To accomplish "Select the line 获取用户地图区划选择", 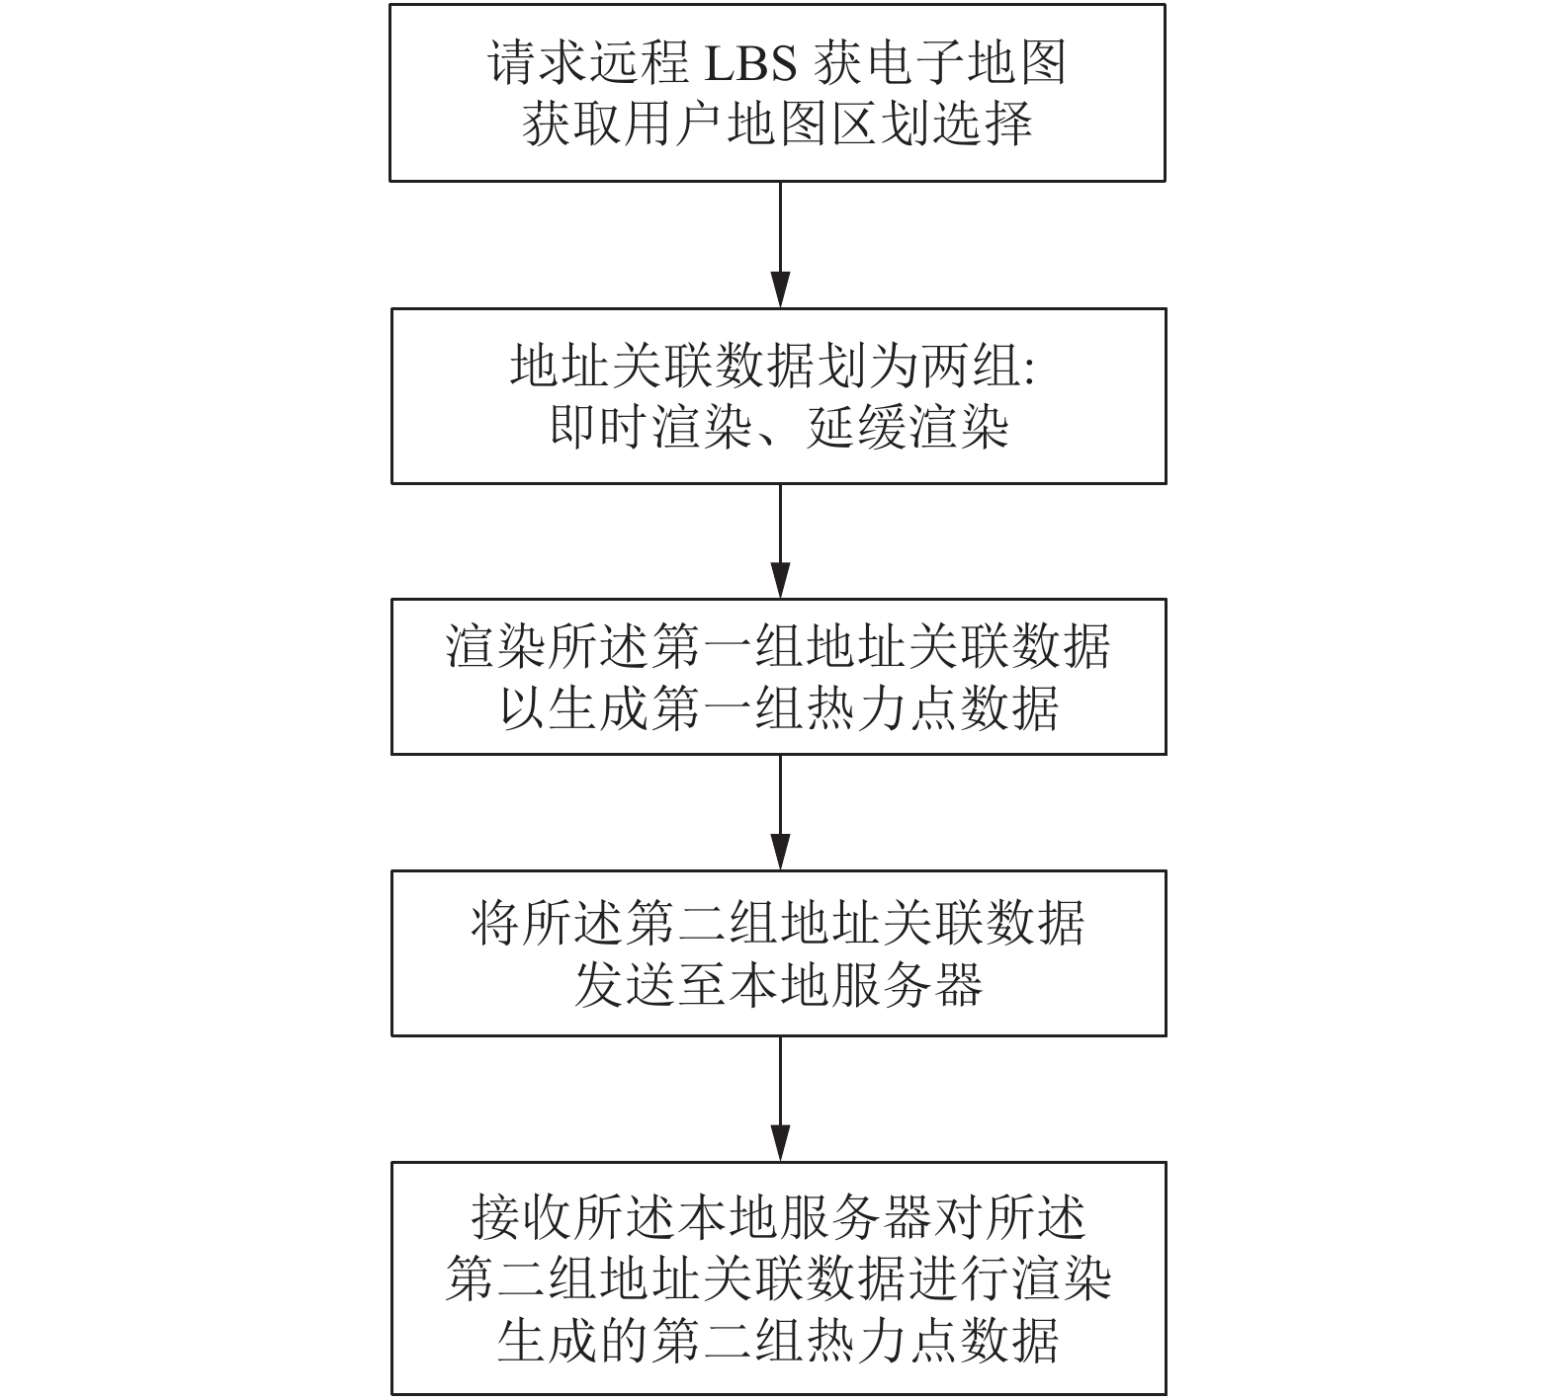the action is tap(778, 124).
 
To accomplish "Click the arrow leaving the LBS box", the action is tap(780, 244).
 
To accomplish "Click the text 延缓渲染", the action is tap(908, 428).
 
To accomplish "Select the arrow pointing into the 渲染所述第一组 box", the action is tap(780, 540).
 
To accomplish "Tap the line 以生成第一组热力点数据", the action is tap(779, 707).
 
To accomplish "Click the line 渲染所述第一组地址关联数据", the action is tap(778, 646).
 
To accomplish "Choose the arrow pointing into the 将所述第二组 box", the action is tap(780, 812).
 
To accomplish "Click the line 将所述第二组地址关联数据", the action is tap(778, 922).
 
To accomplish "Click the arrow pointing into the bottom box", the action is tap(780, 1099).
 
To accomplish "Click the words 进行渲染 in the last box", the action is tap(1009, 1278).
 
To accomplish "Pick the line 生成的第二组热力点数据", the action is tap(778, 1340).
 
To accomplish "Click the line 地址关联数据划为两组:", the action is tap(772, 367).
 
